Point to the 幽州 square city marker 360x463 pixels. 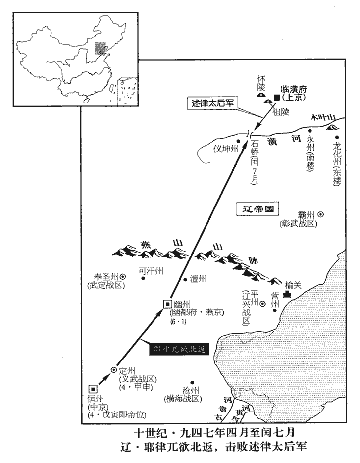pyautogui.click(x=167, y=304)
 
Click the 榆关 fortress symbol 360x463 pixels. pyautogui.click(x=288, y=294)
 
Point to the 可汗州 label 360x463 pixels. pyautogui.click(x=151, y=271)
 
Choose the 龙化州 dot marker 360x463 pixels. pyautogui.click(x=337, y=137)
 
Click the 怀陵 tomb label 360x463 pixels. pyautogui.click(x=262, y=82)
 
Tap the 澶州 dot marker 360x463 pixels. pyautogui.click(x=185, y=280)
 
